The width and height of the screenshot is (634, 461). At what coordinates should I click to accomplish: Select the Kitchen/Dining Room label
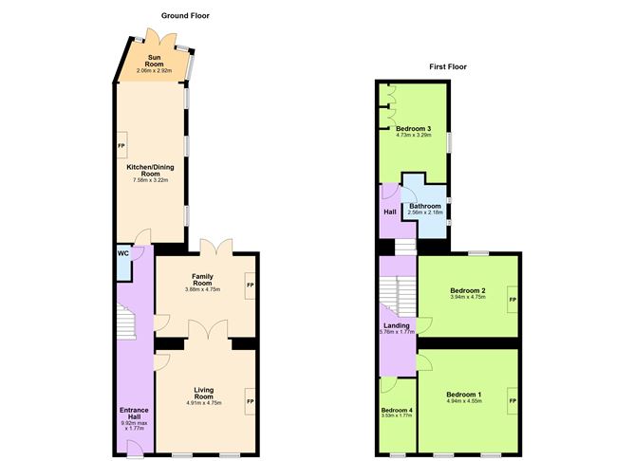[x=151, y=171]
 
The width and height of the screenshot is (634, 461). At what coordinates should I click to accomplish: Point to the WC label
[x=123, y=253]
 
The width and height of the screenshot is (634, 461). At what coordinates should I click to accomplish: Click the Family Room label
[x=201, y=280]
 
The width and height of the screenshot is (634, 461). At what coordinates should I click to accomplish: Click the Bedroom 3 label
[x=414, y=128]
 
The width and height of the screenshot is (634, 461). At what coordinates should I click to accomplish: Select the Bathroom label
[x=425, y=206]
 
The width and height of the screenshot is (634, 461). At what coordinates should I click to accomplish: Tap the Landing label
[x=396, y=324]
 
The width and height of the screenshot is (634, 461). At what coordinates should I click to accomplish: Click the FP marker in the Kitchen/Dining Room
[x=121, y=147]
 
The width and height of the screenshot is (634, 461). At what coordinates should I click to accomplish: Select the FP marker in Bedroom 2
[x=513, y=300]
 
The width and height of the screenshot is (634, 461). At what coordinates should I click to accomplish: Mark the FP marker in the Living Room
[x=250, y=402]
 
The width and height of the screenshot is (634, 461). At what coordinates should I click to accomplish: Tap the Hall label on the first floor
[x=389, y=212]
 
